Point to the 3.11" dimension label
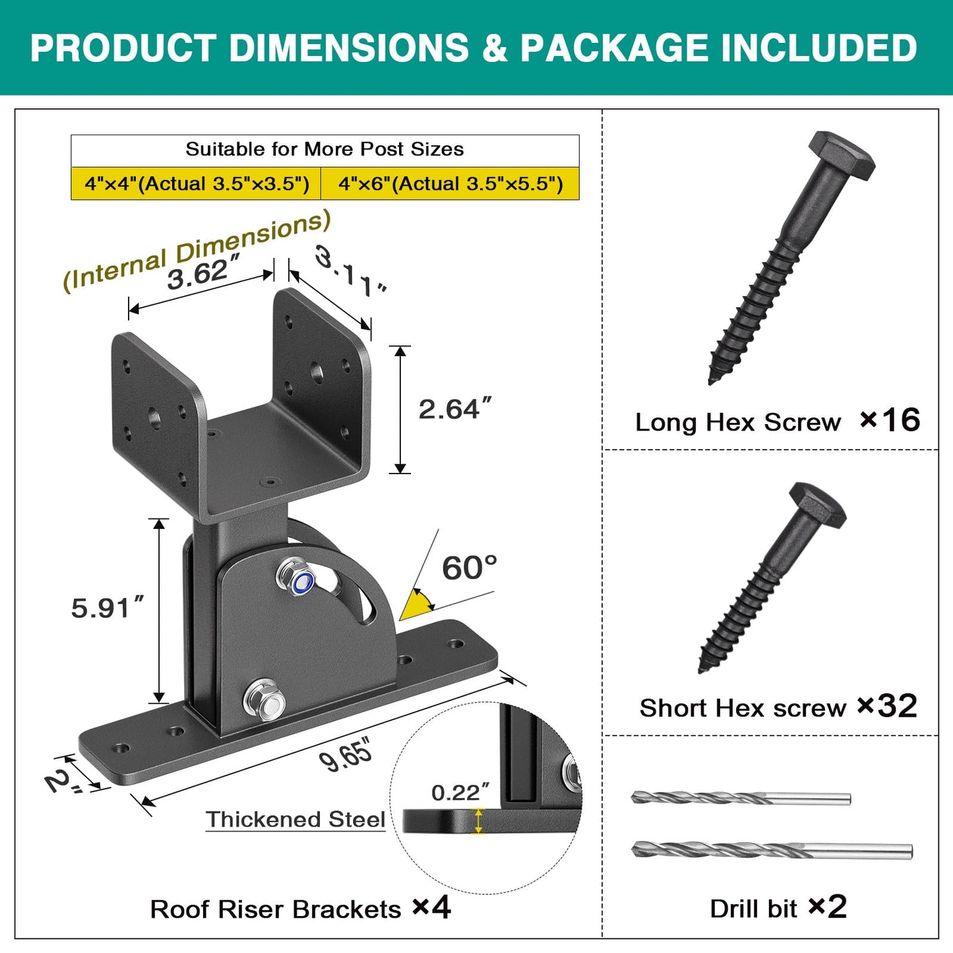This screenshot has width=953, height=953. (x=350, y=272)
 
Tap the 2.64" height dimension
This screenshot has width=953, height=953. (x=456, y=409)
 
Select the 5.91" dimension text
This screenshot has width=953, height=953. (x=108, y=608)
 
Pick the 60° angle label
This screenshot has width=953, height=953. (x=470, y=568)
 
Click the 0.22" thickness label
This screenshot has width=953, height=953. (x=460, y=793)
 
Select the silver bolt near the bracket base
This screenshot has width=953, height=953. (x=264, y=699)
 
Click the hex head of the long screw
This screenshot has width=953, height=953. (x=842, y=155)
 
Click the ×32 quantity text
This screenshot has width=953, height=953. (x=887, y=706)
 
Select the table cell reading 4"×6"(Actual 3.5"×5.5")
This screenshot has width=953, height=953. (x=450, y=183)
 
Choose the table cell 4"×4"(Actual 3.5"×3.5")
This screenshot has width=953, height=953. (x=197, y=183)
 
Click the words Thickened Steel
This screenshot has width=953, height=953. (x=295, y=820)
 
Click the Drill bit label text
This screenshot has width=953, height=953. (x=753, y=909)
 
